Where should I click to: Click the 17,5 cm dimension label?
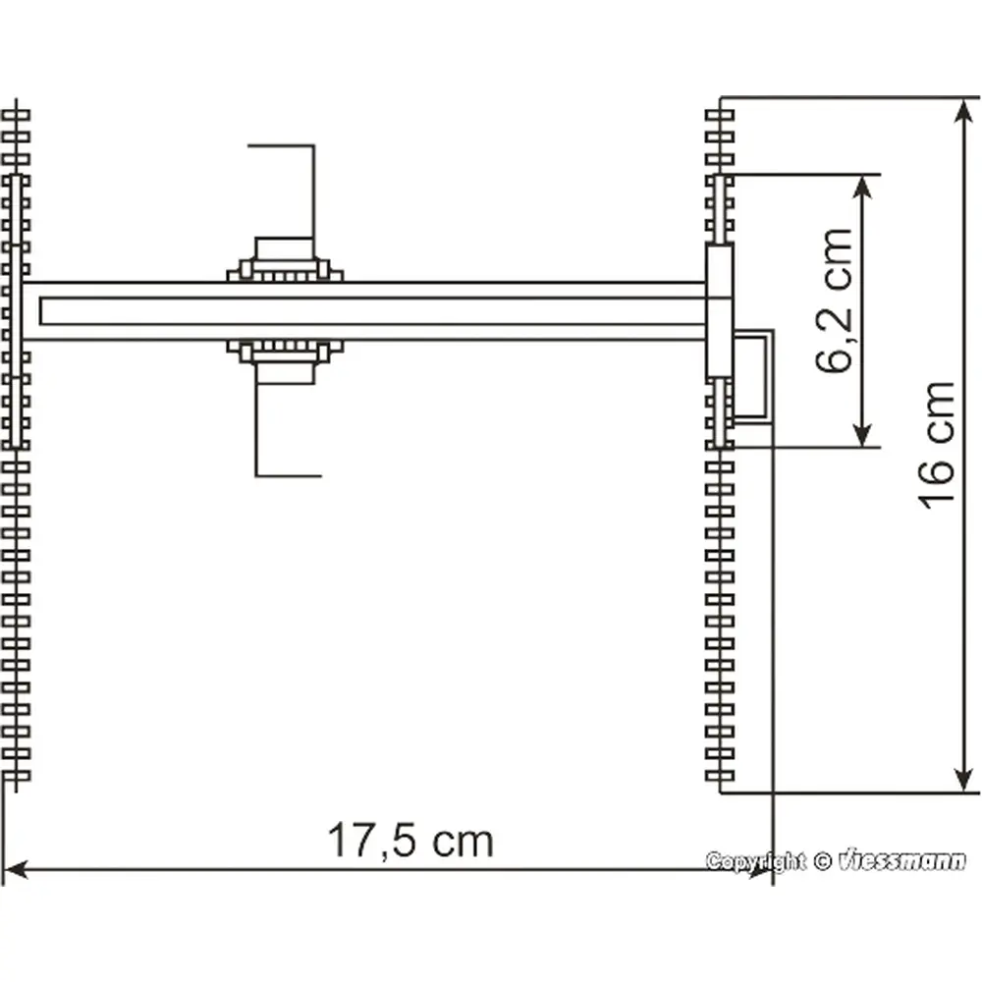coord(409,841)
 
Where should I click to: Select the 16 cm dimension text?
coord(937,445)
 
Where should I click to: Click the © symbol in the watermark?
coord(822,862)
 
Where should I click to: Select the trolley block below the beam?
coord(284,359)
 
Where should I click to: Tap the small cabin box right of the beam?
coord(754,375)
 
